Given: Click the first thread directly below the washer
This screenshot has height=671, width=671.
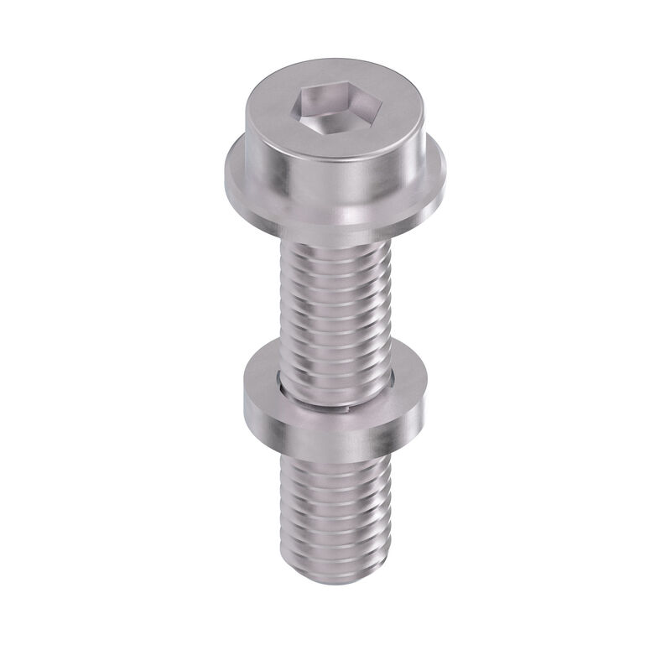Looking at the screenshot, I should [x=335, y=459].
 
